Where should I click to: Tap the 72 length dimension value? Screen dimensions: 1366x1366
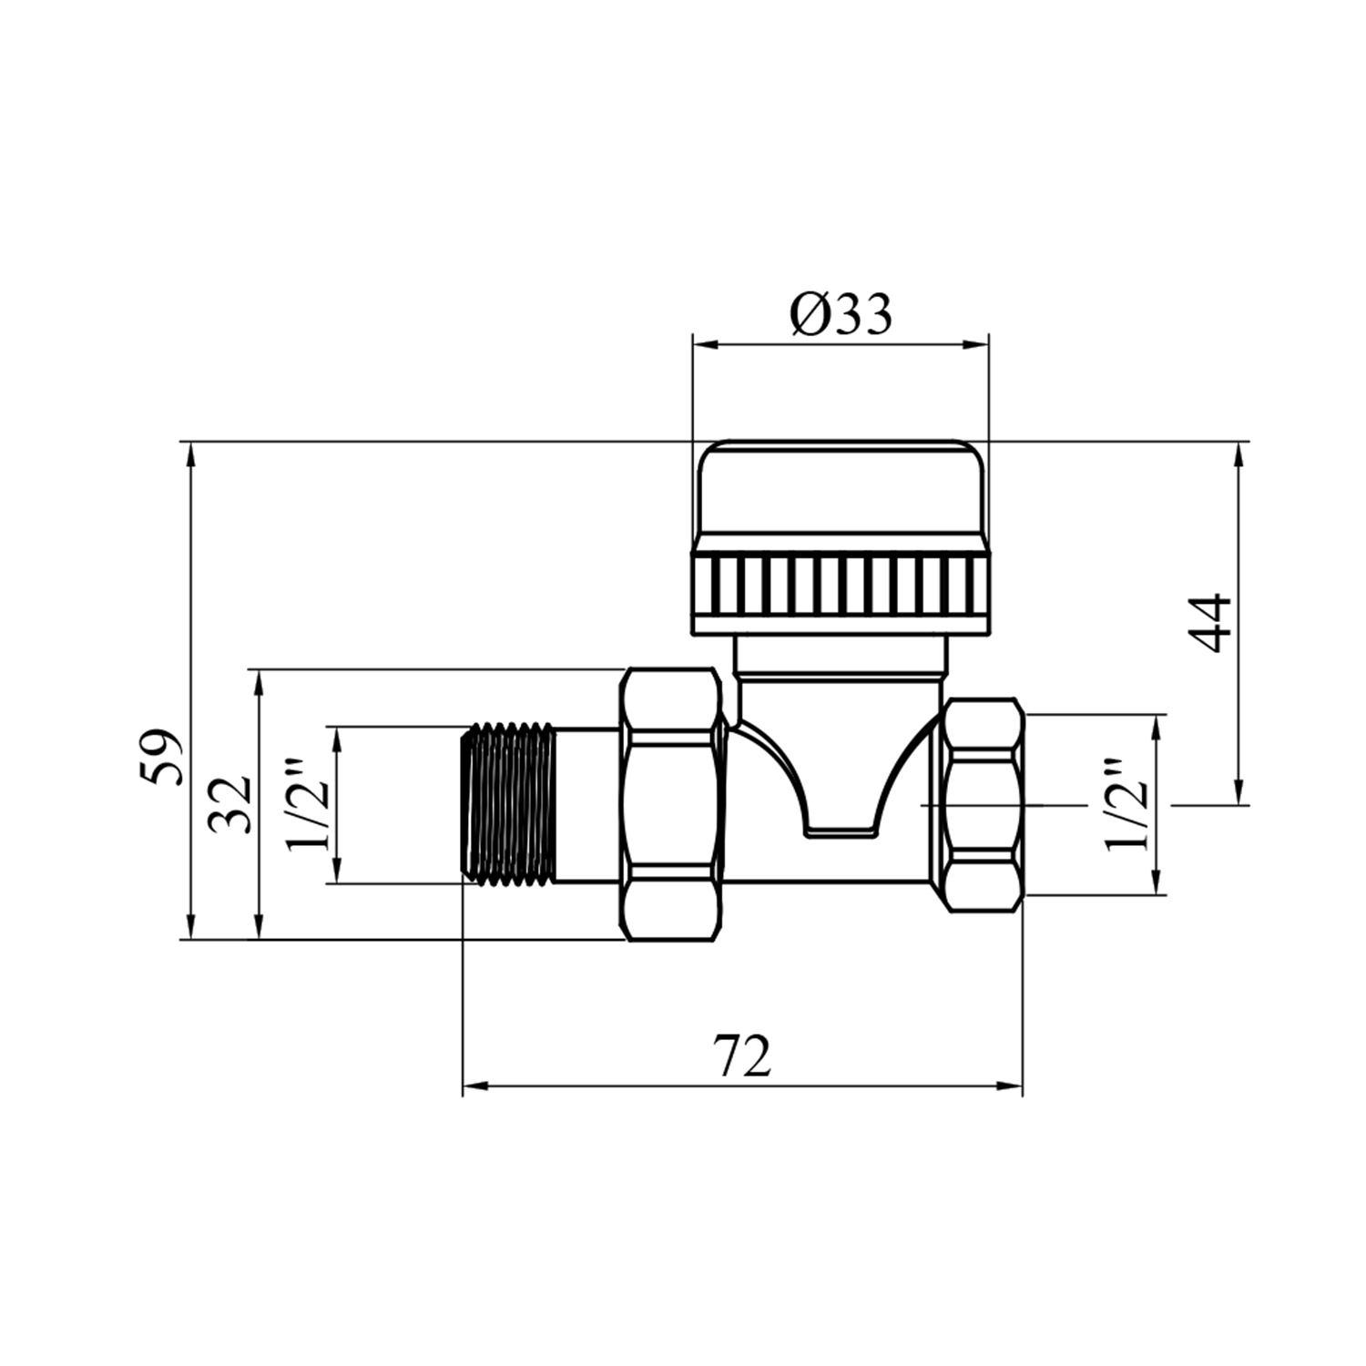[742, 1057]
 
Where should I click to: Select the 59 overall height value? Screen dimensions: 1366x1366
[164, 757]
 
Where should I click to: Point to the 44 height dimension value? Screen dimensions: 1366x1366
[1212, 623]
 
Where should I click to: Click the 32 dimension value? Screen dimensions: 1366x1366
[228, 804]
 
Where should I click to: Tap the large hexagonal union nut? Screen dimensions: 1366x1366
[672, 804]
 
